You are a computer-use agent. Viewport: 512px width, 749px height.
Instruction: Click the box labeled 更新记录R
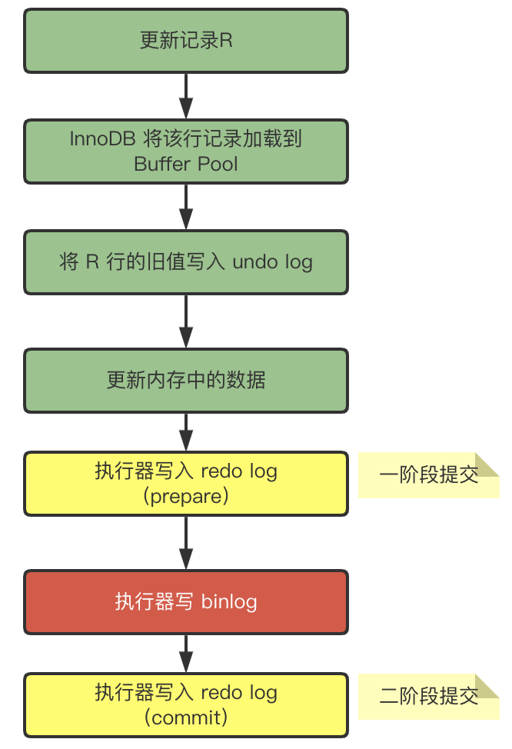coord(185,41)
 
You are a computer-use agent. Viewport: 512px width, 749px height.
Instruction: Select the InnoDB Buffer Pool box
coord(185,151)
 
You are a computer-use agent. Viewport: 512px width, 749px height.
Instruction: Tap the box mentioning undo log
coord(185,262)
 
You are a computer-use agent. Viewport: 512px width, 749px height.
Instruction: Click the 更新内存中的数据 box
coord(185,381)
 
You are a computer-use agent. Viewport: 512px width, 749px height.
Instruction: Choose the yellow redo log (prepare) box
coord(185,484)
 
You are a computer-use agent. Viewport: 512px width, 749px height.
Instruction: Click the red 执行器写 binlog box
coord(185,601)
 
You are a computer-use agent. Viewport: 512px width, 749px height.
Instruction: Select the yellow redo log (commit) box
coord(185,705)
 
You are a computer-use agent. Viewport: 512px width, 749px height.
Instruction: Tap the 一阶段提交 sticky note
coord(428,475)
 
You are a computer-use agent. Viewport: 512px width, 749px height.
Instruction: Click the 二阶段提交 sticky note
coord(428,697)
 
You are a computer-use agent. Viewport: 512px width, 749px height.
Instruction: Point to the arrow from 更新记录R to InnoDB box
coord(185,95)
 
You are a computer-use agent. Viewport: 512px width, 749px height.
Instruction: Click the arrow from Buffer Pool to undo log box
coord(185,206)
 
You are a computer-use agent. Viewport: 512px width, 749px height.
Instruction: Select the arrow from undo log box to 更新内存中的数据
coord(185,321)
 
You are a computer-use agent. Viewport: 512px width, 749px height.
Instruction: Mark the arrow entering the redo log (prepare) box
coord(185,432)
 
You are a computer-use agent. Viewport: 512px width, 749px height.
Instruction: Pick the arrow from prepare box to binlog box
coord(185,542)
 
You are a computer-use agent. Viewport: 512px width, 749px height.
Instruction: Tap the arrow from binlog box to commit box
coord(185,653)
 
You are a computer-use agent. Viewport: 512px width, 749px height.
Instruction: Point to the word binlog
coord(229,601)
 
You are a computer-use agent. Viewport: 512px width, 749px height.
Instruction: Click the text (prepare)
coord(186,497)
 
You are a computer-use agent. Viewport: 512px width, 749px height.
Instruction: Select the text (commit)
coord(186,718)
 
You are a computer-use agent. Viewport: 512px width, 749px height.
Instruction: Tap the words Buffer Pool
coord(186,164)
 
